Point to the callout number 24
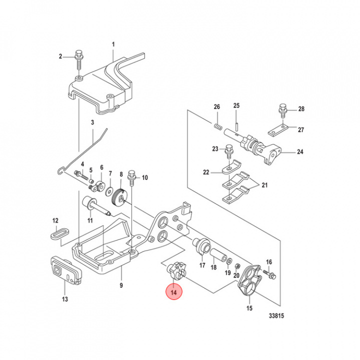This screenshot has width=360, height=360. coord(300,152)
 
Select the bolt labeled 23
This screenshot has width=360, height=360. coord(229,149)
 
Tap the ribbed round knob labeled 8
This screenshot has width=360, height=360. coord(120,197)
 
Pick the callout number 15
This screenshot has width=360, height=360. coord(249,308)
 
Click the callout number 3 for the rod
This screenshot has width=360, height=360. coord(92,122)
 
